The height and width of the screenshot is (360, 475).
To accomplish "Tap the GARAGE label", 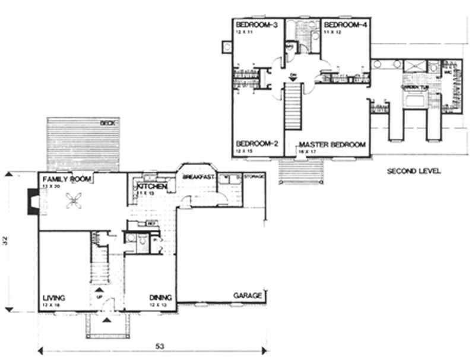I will coord(247,295).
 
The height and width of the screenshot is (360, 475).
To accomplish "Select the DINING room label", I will coord(161,298).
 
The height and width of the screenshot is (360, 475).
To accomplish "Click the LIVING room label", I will coord(53,298).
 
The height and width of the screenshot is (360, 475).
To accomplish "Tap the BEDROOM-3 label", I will coord(254,24).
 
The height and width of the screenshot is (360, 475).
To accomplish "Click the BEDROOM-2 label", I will coord(254,144).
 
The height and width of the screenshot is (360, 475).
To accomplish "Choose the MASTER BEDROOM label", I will coord(332,144).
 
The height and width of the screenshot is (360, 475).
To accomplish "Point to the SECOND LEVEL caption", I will coord(413,171).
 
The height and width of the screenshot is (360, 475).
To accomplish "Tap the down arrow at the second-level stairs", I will coord(292,75).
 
